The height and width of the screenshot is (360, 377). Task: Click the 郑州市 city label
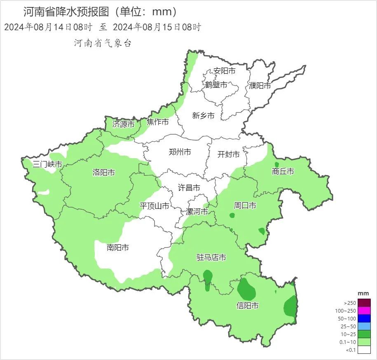coord(180,152)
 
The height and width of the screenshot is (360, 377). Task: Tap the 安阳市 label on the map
coord(225,71)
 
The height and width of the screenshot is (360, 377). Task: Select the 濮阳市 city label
coord(260,86)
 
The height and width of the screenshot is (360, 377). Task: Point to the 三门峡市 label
coord(47,164)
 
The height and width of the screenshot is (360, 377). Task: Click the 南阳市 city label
coord(118,248)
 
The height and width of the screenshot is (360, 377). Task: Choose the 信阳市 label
coord(248,306)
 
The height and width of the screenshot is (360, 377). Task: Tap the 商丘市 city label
coord(283,171)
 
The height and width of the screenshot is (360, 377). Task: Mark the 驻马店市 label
coord(211,257)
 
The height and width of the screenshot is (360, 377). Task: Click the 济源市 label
coord(124,124)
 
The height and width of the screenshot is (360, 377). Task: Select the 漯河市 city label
coord(197,212)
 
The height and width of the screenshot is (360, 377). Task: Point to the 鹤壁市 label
coord(216,85)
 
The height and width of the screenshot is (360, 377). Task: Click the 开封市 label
coord(228,154)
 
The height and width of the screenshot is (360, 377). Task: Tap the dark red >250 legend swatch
coord(364,303)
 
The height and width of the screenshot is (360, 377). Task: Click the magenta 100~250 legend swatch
coord(364,311)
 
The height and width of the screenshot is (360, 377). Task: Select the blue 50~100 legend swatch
coord(364,318)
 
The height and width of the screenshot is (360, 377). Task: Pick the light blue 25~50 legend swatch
coord(364,326)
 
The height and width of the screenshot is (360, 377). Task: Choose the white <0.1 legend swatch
coord(364,350)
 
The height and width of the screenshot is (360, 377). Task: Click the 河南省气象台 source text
coord(103,43)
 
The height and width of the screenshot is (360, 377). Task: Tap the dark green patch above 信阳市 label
coord(247,289)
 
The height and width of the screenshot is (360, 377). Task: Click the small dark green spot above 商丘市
coord(276,164)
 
